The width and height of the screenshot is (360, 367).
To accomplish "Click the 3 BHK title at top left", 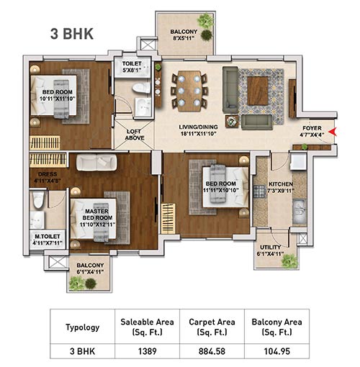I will pos(71,32).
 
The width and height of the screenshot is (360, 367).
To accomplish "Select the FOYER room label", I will pos(313,129).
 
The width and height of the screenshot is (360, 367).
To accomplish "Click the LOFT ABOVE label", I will pos(135,135).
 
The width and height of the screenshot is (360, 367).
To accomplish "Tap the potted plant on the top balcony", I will pos(207,33).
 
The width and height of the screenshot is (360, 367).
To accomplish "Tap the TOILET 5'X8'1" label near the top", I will pos(132,67).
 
